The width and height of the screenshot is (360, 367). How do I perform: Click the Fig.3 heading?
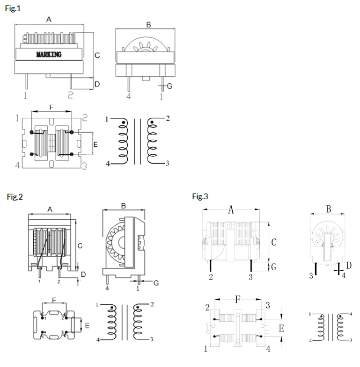click(200, 196)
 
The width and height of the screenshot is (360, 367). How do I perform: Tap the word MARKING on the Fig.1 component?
click(49, 55)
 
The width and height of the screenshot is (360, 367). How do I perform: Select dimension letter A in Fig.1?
click(49, 19)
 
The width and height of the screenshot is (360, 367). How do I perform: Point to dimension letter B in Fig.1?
click(148, 25)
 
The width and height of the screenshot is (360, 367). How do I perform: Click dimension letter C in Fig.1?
click(97, 55)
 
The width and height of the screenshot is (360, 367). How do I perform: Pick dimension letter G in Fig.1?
click(169, 86)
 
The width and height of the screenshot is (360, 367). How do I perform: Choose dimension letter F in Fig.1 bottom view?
click(51, 107)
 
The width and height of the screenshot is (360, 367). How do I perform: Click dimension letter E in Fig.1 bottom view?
click(95, 145)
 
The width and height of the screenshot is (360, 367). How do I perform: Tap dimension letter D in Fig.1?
click(97, 84)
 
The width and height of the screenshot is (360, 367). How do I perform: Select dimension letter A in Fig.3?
click(231, 209)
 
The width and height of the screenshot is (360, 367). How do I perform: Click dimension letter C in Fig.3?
click(274, 242)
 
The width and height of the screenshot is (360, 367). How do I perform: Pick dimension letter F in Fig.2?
click(54, 299)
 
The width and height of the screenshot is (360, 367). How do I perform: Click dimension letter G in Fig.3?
click(274, 267)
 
